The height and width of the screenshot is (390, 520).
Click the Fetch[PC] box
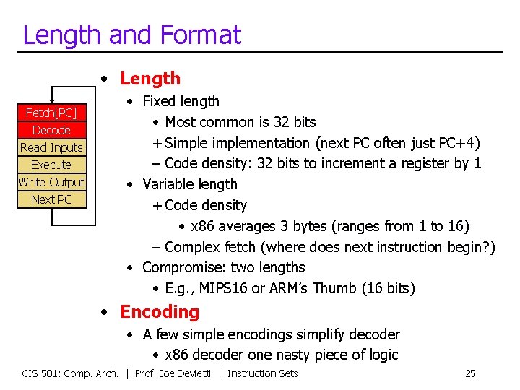click(x=51, y=113)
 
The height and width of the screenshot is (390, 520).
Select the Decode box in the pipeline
click(x=51, y=130)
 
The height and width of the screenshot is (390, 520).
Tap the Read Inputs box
click(x=51, y=147)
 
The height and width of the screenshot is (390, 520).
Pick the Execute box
click(x=51, y=165)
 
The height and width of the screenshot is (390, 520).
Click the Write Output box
click(x=51, y=182)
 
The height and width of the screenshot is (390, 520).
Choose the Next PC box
click(x=51, y=199)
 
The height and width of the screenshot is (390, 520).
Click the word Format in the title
click(x=201, y=34)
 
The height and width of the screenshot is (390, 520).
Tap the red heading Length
click(x=150, y=78)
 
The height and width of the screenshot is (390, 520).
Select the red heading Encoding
click(x=160, y=312)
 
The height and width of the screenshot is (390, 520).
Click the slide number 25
click(x=470, y=373)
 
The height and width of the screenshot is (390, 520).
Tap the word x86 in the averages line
click(x=203, y=226)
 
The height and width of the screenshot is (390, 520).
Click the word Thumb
click(x=339, y=288)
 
